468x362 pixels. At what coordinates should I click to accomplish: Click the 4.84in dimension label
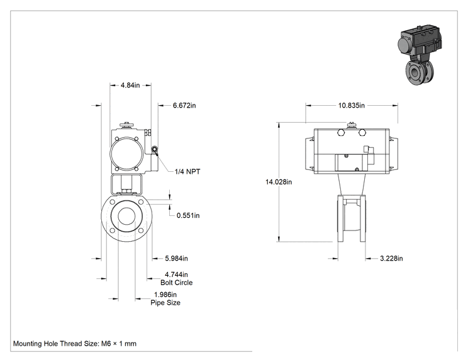[x=130, y=85]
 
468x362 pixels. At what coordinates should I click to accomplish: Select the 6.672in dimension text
[x=184, y=105]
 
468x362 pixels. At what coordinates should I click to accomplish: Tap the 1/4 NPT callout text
[x=187, y=171]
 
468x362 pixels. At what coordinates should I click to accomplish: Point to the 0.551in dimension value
[x=188, y=215]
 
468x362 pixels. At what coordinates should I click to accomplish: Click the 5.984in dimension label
[x=176, y=258]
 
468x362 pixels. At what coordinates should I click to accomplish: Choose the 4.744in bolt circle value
[x=176, y=274]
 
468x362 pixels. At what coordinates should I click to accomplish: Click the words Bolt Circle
[x=176, y=283]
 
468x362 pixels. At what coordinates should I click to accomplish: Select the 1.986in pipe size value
[x=165, y=295]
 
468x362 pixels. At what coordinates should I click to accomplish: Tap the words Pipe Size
[x=165, y=303]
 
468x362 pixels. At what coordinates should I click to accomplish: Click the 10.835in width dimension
[x=351, y=105]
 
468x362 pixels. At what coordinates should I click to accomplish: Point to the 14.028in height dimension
[x=279, y=182]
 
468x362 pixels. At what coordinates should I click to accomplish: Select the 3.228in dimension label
[x=391, y=258]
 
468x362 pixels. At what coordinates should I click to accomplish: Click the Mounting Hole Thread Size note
[x=75, y=344]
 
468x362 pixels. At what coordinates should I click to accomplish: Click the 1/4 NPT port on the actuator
[x=154, y=149]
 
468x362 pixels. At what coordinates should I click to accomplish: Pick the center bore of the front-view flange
[x=126, y=216]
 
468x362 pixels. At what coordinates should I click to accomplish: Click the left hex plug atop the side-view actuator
[x=341, y=132]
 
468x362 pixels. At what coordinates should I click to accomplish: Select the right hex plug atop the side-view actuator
[x=362, y=132]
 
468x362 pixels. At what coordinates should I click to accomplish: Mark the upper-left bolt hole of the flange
[x=113, y=202]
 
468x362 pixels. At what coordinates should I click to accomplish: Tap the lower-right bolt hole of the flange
[x=140, y=230]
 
